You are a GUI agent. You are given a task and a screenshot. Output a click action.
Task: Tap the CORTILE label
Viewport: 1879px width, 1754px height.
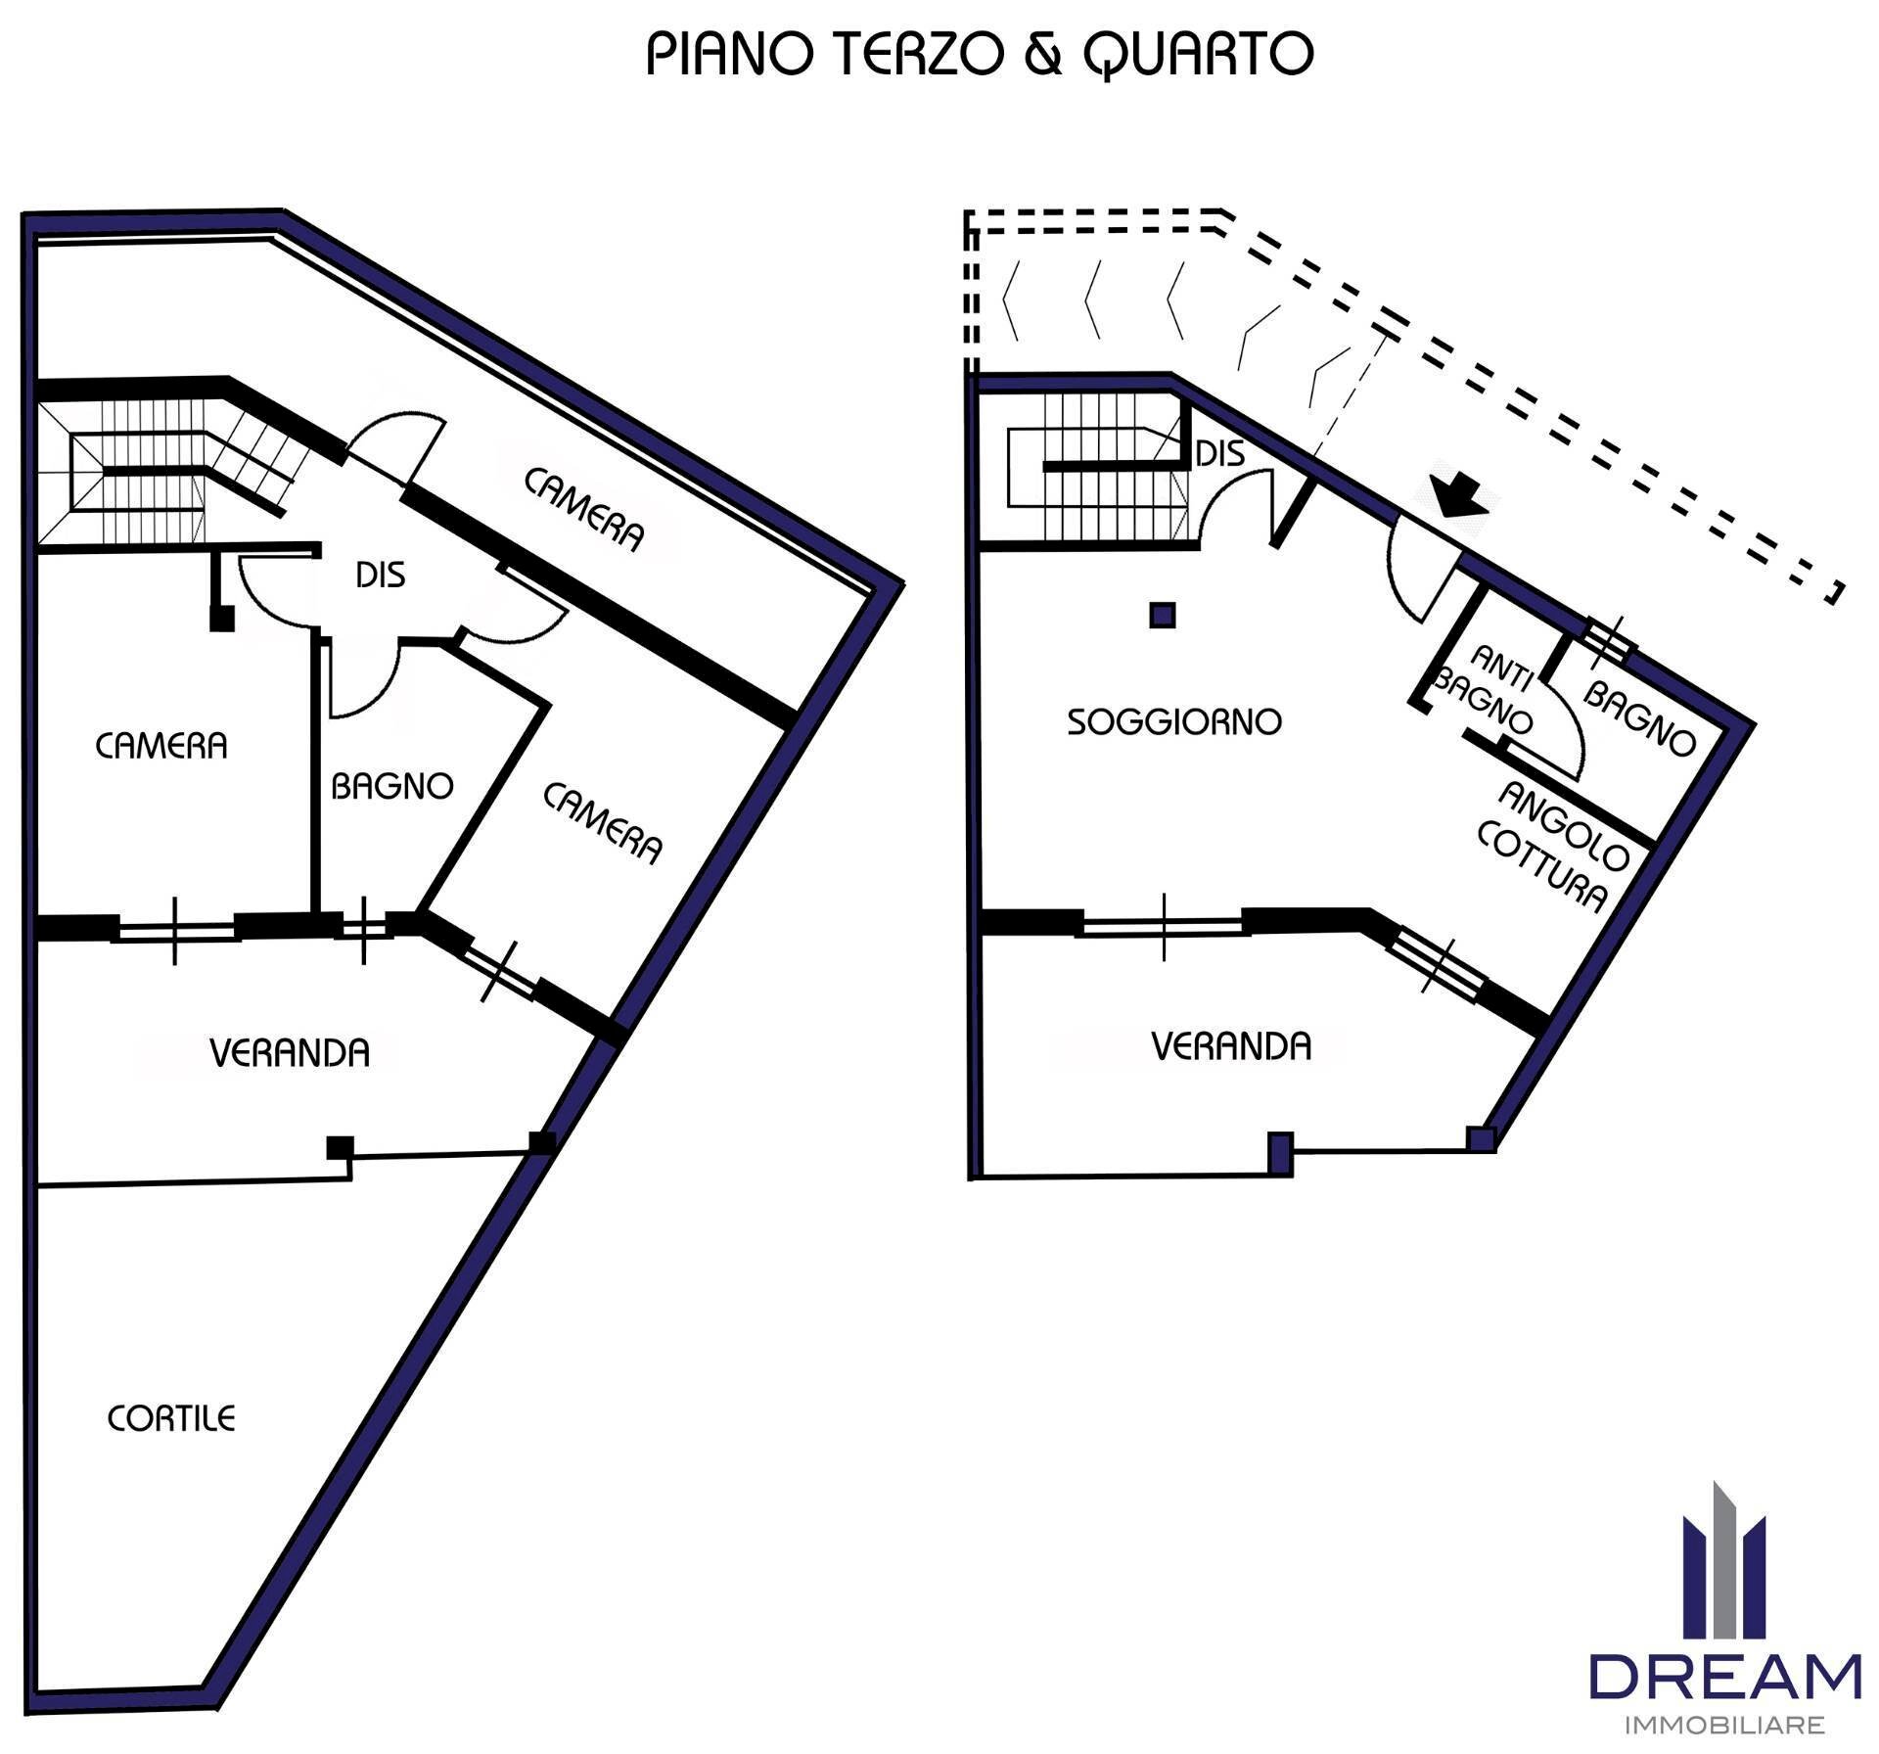point(171,1418)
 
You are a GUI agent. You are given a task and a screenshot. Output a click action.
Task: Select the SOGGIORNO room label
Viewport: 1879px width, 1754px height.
point(1173,722)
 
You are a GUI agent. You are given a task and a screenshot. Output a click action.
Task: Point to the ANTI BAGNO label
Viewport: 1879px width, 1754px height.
point(1485,689)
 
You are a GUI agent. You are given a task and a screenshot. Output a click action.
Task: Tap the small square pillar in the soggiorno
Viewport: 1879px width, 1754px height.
point(1162,616)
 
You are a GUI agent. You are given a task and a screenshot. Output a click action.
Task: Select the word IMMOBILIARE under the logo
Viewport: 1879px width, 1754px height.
point(1724,1726)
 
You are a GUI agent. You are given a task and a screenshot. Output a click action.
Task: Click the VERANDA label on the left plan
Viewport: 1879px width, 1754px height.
point(290,1053)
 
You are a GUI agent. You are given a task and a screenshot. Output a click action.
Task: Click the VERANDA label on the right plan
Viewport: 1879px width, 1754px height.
point(1231,1046)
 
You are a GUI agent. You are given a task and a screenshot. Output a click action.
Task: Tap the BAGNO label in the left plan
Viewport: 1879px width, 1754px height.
point(391,786)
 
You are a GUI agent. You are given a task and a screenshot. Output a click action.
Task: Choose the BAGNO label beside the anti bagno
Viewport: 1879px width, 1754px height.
point(1639,719)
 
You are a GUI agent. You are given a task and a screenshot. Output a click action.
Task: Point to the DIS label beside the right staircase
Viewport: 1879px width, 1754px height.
point(1220,453)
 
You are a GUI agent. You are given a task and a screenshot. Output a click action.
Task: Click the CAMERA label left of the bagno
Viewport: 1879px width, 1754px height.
point(161,746)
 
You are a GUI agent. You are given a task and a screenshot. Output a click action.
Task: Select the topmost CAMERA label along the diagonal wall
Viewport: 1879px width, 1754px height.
point(584,510)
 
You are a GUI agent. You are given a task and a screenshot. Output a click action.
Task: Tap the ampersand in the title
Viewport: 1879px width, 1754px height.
point(1043,55)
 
